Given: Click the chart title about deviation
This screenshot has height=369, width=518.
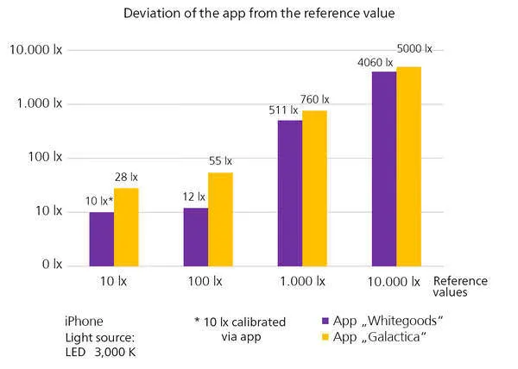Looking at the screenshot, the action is (x=259, y=14).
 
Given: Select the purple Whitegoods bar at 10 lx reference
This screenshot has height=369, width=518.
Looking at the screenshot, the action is (x=102, y=239).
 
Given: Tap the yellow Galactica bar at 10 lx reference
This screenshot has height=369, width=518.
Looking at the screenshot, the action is (x=126, y=228).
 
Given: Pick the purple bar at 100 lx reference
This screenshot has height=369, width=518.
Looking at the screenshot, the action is (x=196, y=237).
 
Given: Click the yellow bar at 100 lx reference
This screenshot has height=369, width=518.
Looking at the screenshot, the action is (x=220, y=219).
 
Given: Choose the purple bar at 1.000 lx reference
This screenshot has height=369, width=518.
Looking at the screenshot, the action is (x=290, y=193).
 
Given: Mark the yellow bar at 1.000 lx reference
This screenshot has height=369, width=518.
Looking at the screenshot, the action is (x=314, y=188).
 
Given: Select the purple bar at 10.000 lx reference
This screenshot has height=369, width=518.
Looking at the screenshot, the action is (x=384, y=169).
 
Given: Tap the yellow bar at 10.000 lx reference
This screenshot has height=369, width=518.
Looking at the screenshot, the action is (x=408, y=166).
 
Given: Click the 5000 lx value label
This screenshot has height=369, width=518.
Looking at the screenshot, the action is (x=414, y=49).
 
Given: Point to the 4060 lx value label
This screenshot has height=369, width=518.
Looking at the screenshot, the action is (x=376, y=62).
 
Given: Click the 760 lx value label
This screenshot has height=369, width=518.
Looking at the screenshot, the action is (x=314, y=99).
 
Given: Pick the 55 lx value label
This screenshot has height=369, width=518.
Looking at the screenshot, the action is (x=220, y=161).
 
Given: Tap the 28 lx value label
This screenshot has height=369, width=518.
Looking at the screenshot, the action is (x=126, y=177).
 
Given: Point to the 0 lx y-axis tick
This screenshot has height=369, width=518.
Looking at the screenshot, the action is (x=52, y=264).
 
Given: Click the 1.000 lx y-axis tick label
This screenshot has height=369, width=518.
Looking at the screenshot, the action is (x=40, y=103).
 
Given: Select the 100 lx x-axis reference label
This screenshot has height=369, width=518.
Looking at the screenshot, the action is (x=205, y=281).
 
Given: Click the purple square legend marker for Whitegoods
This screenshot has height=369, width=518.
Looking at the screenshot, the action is (x=325, y=321).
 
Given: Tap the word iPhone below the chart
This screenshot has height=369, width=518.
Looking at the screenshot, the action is (x=84, y=322).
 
